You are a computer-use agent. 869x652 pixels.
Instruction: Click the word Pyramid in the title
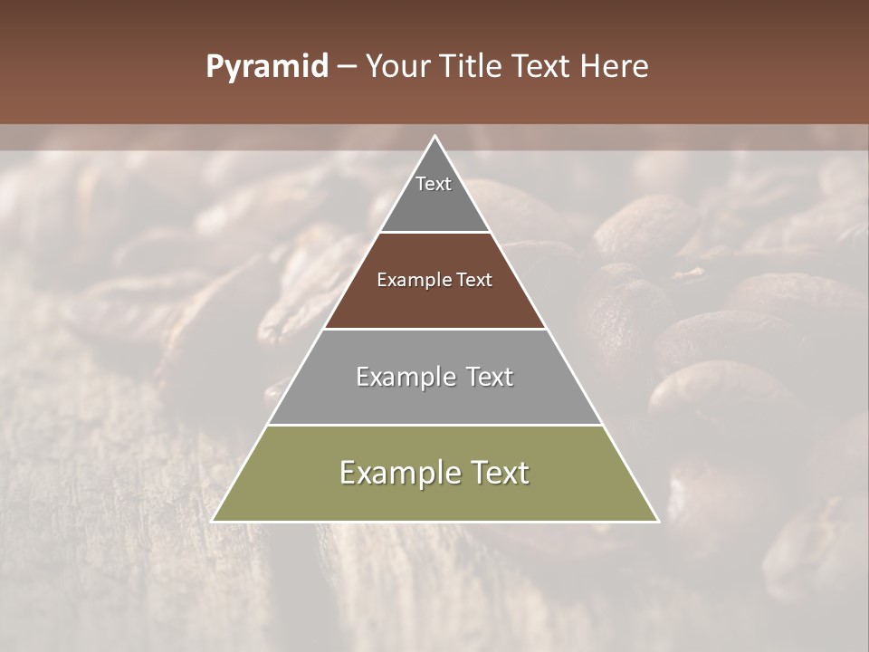pos(266,67)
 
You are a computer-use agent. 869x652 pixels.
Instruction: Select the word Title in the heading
pos(473,66)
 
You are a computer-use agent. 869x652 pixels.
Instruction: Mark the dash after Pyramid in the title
pos(347,67)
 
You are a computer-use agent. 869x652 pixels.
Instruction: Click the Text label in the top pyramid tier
pos(434,184)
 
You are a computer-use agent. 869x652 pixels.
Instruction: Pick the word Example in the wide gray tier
pos(403,377)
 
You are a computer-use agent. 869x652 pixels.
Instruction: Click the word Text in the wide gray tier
pos(489,377)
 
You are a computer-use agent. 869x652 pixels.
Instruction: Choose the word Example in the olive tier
pos(395,473)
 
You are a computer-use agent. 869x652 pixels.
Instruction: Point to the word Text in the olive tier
pos(499,473)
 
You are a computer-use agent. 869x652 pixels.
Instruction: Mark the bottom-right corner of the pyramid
pos(657,521)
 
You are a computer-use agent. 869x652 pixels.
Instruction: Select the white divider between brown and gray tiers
pos(435,329)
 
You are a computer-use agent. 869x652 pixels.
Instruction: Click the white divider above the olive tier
pos(435,425)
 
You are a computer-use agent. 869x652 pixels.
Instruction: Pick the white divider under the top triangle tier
pos(435,233)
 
